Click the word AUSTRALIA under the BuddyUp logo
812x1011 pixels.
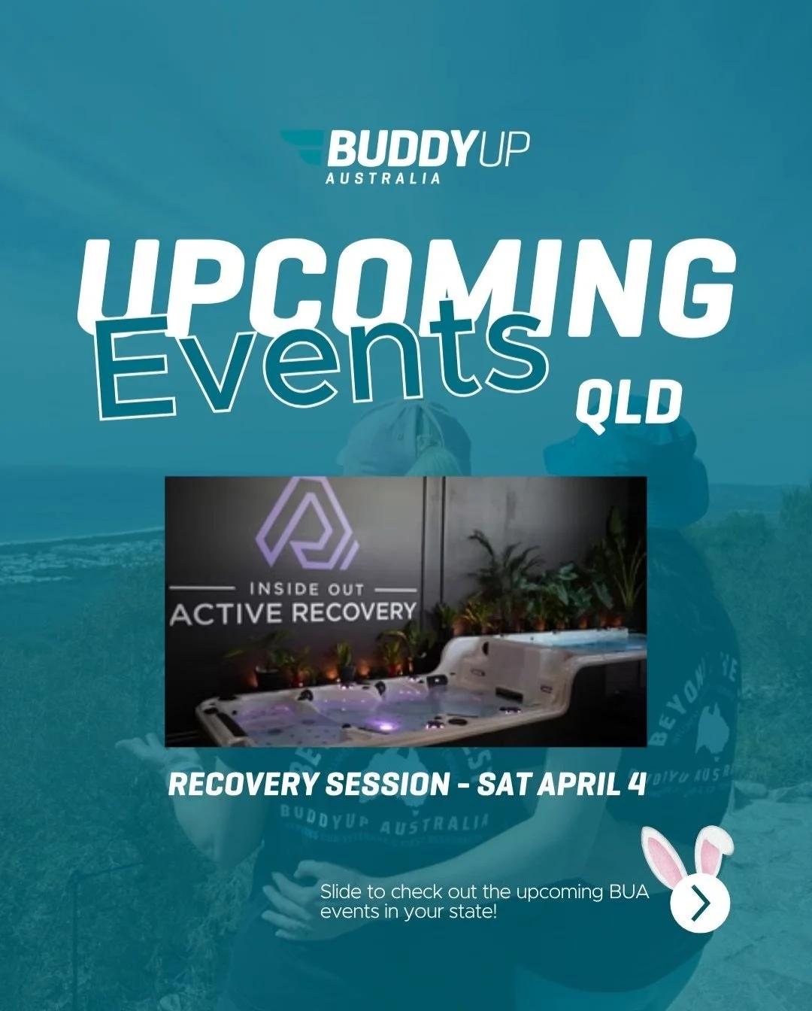tap(383, 179)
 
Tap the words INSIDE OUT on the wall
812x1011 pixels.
tap(306, 588)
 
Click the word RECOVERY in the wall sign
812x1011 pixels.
tap(353, 611)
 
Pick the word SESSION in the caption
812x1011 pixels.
tap(386, 785)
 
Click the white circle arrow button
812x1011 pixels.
tap(700, 903)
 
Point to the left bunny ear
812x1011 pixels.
tap(662, 854)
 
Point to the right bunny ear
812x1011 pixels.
tap(714, 842)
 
